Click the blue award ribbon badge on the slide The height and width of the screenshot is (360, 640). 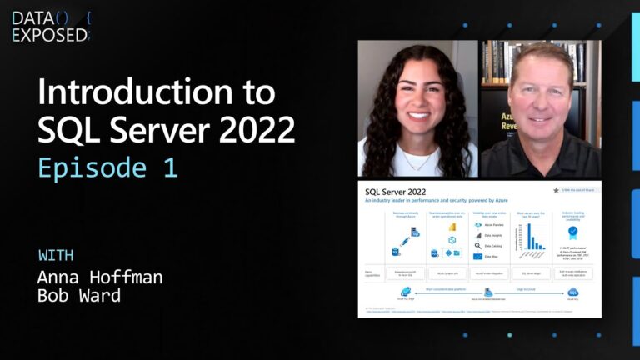(x=572, y=233)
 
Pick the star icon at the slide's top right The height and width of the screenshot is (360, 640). (x=556, y=191)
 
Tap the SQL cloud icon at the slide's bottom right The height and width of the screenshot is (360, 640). (x=572, y=292)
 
